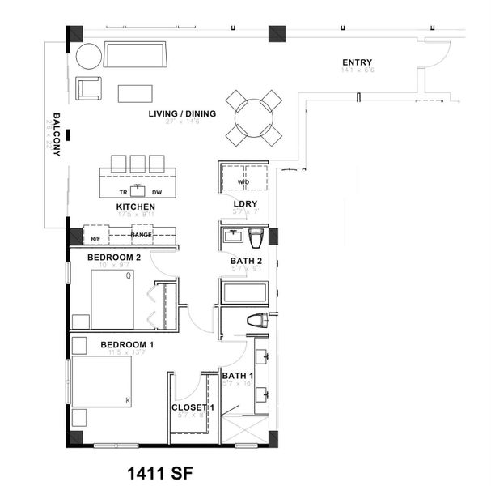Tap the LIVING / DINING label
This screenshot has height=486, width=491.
pos(182,113)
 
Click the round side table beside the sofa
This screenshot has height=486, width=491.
pos(89,57)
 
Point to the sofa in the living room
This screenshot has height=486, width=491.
pos(133,55)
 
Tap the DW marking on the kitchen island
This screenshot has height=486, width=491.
pos(157,192)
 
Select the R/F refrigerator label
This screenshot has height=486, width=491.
pos(95,238)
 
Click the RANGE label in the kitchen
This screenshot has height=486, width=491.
pos(142,234)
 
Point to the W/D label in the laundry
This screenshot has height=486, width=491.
pos(243,181)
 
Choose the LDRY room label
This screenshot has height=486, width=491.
pos(244,203)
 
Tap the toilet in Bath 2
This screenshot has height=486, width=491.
pos(256,238)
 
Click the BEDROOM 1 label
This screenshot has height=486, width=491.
pos(127,344)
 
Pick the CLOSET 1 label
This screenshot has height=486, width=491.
pos(193,407)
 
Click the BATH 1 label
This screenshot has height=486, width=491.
pos(239,376)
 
